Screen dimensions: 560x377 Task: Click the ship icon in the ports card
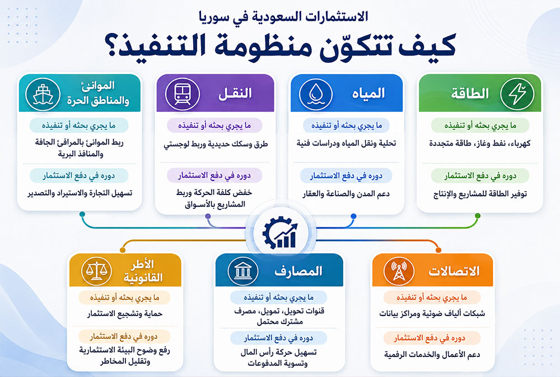coord(43,94)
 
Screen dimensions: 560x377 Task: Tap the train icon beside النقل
coord(183,94)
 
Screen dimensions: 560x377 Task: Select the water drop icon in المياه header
coord(316,94)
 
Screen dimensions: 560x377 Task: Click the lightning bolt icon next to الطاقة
coord(517,94)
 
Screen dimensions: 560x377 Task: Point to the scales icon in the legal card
coord(96,271)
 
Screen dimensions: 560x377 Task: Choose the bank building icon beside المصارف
coord(243,271)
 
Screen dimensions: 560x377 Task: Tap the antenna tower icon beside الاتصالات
coord(399,271)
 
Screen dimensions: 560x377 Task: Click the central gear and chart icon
coord(281,233)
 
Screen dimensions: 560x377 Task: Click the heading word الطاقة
coord(470,94)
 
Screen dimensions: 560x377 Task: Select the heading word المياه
coord(368,94)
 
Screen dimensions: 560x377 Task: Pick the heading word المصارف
coord(298,271)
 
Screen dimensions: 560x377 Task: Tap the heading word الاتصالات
coord(454,271)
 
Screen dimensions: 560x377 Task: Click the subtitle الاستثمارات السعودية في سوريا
coord(283,17)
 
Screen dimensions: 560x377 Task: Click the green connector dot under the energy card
coord(478,216)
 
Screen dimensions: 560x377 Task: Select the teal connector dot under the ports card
coord(82,215)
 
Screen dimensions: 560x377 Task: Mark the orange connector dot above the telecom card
coord(438,250)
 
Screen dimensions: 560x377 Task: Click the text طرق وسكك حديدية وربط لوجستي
coord(216,144)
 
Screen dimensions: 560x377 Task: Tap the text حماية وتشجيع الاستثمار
coord(125,314)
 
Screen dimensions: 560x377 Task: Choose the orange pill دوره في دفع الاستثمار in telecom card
coord(432,338)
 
